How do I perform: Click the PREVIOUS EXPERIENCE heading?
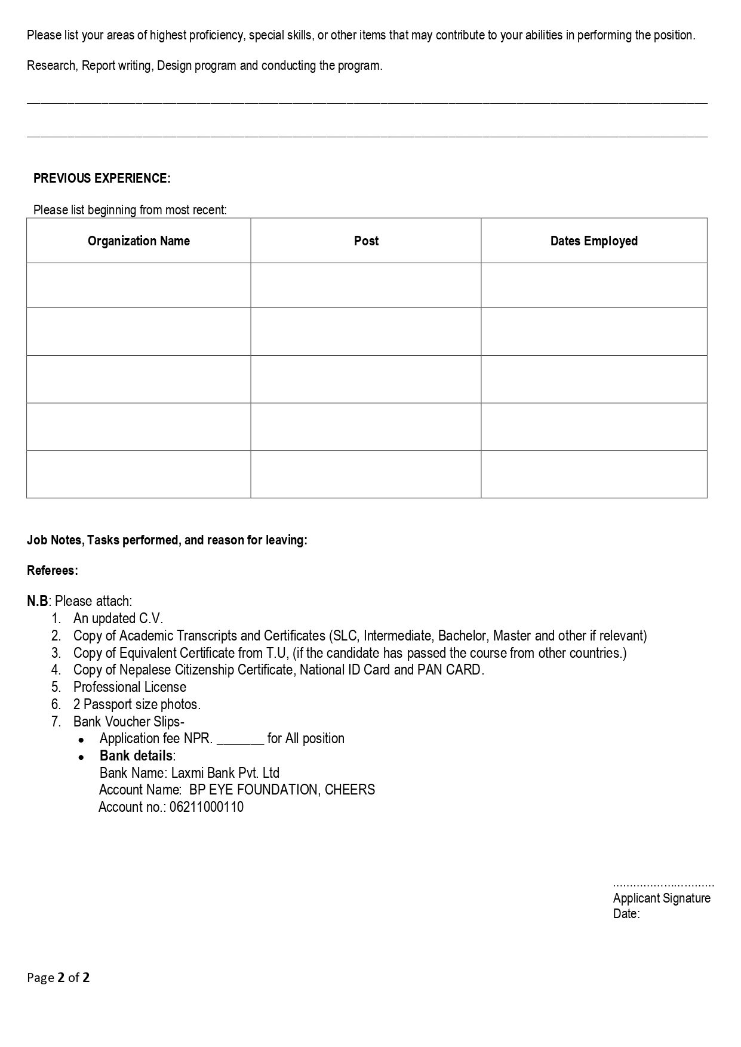coord(102,178)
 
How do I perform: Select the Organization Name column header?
coord(139,241)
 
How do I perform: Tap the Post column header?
coord(366,241)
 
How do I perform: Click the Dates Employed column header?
coord(594,241)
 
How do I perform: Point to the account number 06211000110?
coord(207,808)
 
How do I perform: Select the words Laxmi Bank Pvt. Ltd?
coord(225,773)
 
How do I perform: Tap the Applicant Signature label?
coord(662,898)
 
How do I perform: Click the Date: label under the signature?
coord(626,914)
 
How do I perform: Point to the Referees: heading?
coord(53,571)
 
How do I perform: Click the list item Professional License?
coord(130,687)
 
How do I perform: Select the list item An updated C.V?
coord(118,618)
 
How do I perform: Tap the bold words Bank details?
coord(136,756)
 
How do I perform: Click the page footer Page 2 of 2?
coord(59,978)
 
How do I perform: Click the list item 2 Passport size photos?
coord(137,704)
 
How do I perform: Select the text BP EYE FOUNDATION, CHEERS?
coord(282,790)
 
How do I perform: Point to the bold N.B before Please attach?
coord(37,601)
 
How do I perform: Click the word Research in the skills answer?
coord(51,66)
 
